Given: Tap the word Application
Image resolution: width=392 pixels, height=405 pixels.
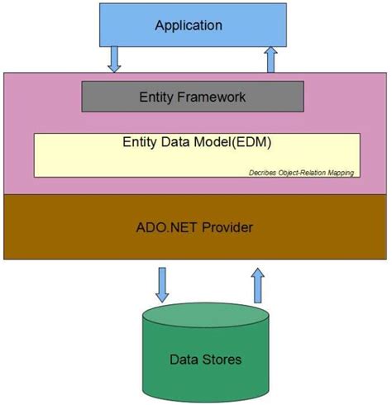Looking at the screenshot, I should pos(189,26).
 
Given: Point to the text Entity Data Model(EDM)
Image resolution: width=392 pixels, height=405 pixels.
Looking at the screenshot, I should pos(196,141).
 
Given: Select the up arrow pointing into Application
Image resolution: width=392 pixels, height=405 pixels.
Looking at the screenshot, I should pos(270,60).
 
